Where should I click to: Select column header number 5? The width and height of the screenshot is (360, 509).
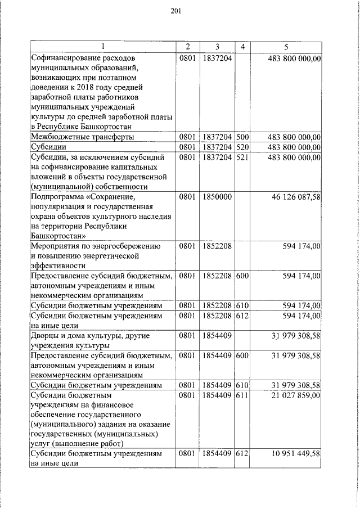(286, 47)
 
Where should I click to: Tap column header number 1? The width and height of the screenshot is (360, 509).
(103, 47)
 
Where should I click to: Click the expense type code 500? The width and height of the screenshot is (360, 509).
(242, 136)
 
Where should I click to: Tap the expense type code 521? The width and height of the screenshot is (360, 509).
(242, 157)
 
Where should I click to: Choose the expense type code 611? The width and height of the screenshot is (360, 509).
(242, 395)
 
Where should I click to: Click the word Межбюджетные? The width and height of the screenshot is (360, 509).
(58, 136)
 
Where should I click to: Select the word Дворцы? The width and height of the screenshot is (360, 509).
(46, 336)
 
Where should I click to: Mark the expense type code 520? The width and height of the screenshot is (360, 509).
(242, 147)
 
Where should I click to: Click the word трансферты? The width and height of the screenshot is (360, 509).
(111, 136)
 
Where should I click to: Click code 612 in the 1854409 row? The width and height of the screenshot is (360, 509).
(242, 453)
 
